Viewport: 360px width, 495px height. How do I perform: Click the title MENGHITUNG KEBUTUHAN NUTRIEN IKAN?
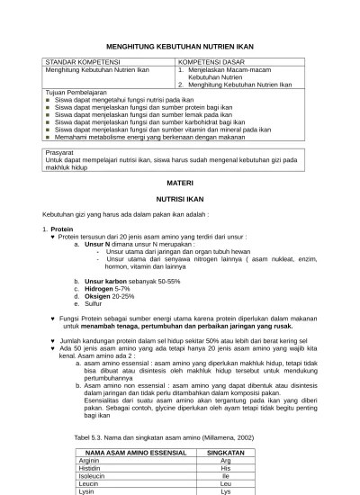click(180, 41)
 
